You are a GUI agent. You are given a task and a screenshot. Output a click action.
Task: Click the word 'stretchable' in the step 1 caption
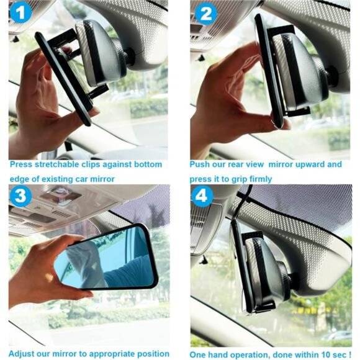(x=58, y=164)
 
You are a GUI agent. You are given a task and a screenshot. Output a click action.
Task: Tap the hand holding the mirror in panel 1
(x=40, y=99)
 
